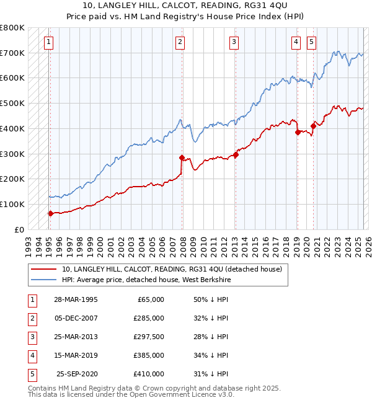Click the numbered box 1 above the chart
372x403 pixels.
pyautogui.click(x=48, y=42)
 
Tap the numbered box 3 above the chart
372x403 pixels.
pyautogui.click(x=234, y=42)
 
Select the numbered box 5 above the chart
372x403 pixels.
pyautogui.click(x=311, y=42)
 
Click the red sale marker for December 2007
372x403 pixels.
pyautogui.click(x=182, y=157)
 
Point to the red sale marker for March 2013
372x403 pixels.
pyautogui.click(x=236, y=154)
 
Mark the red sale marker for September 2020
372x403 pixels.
pyautogui.click(x=313, y=126)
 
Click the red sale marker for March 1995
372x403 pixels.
pyautogui.click(x=50, y=213)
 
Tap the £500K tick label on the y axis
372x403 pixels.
pyautogui.click(x=12, y=104)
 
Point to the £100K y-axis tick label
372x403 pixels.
pyautogui.click(x=12, y=204)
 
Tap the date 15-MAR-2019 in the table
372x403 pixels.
pyautogui.click(x=76, y=355)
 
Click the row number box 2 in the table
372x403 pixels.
pyautogui.click(x=31, y=317)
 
